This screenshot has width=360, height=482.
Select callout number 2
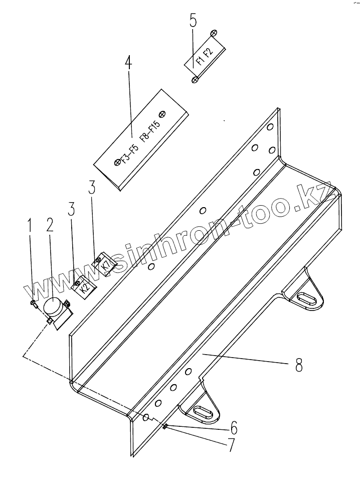49,225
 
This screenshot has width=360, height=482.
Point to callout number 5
193,22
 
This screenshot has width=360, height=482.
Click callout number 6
234,428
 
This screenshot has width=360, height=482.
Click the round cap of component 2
52,305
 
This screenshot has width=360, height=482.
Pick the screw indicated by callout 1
33,302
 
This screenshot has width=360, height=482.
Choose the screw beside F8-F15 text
161,114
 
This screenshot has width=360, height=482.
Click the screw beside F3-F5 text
117,162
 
